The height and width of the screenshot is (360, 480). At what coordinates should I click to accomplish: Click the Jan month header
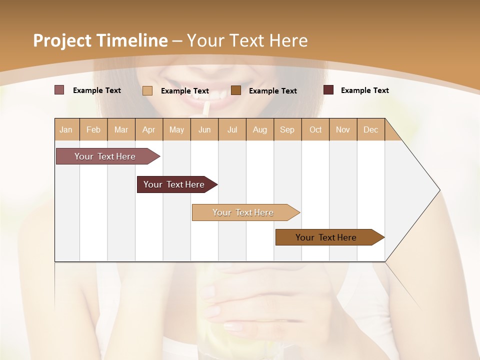pyautogui.click(x=66, y=130)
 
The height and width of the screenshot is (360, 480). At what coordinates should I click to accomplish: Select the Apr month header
pyautogui.click(x=149, y=130)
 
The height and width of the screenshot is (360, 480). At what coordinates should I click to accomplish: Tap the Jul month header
pyautogui.click(x=232, y=130)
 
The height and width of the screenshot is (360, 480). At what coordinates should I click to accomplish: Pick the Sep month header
pyautogui.click(x=287, y=130)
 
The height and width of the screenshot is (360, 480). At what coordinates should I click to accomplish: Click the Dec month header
pyautogui.click(x=370, y=130)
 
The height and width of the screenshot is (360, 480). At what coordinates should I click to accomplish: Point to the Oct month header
pyautogui.click(x=315, y=130)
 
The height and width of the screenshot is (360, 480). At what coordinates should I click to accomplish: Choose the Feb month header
pyautogui.click(x=93, y=130)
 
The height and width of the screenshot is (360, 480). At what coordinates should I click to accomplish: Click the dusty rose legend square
pyautogui.click(x=59, y=90)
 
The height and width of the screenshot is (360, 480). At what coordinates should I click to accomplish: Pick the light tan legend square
pyautogui.click(x=147, y=90)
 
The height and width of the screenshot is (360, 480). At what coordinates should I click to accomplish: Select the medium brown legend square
pyautogui.click(x=236, y=90)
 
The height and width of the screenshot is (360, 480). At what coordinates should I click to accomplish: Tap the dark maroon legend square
pyautogui.click(x=328, y=90)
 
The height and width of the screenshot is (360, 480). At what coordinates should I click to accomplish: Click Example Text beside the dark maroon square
pyautogui.click(x=364, y=90)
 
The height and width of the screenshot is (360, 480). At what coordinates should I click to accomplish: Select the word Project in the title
pyautogui.click(x=62, y=41)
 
